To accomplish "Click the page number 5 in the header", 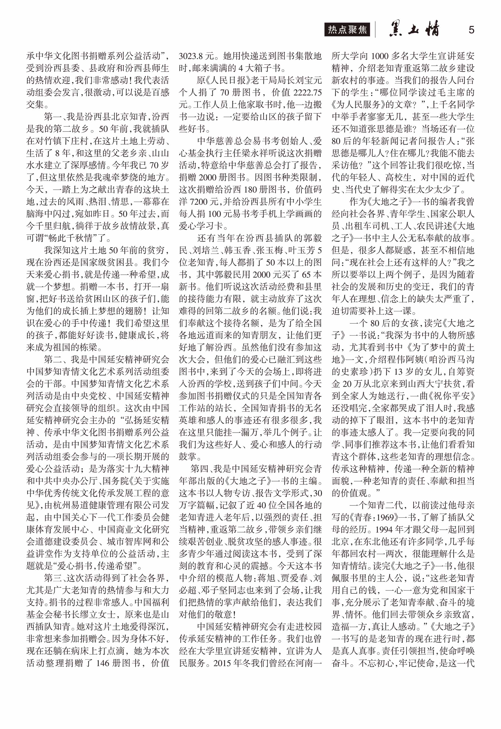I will tap(471, 30).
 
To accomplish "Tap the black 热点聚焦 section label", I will tap(347, 30).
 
